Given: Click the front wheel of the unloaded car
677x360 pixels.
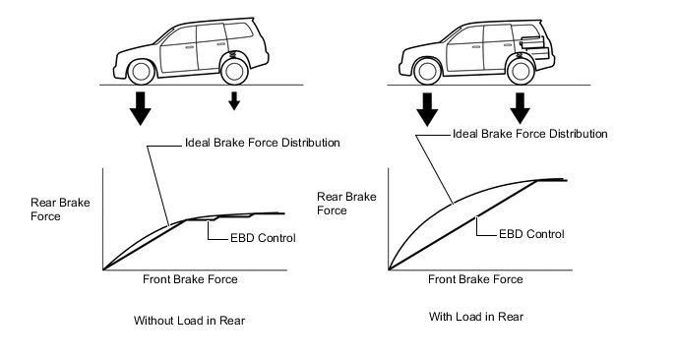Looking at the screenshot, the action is pos(141,72).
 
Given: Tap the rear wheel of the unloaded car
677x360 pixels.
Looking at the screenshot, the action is pos(234,72).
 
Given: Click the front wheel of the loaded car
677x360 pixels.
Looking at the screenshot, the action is pos(427,72).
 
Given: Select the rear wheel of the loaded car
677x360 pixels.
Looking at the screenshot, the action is pos(521,72).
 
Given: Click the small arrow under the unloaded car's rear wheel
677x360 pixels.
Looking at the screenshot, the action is pos(234,100).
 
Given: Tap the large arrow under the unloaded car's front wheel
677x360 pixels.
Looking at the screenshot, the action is pos(141,108).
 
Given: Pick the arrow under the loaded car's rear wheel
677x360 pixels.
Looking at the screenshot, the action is pos(520,108).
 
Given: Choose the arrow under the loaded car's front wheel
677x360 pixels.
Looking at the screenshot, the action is pos(427,109).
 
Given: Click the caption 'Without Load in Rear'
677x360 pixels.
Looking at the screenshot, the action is pos(189,321).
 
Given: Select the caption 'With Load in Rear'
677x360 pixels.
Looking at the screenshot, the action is pos(476,317).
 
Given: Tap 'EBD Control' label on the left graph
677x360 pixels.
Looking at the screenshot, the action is pos(263,238).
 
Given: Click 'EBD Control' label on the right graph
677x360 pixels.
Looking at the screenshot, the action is pos(531,234).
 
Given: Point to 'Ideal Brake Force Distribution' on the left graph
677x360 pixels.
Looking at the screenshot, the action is pos(263,143).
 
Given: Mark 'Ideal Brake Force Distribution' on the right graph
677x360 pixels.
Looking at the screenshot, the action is pos(530,134).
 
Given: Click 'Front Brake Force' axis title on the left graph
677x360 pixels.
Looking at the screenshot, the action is pos(190,279).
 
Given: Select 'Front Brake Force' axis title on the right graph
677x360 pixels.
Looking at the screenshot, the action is pos(475,279).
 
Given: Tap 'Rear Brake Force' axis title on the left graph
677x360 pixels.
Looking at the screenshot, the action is pos(60,210).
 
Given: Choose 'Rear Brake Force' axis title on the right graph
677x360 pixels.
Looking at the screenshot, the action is pos(346,204).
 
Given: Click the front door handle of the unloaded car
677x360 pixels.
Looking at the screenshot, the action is pos(190,46).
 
